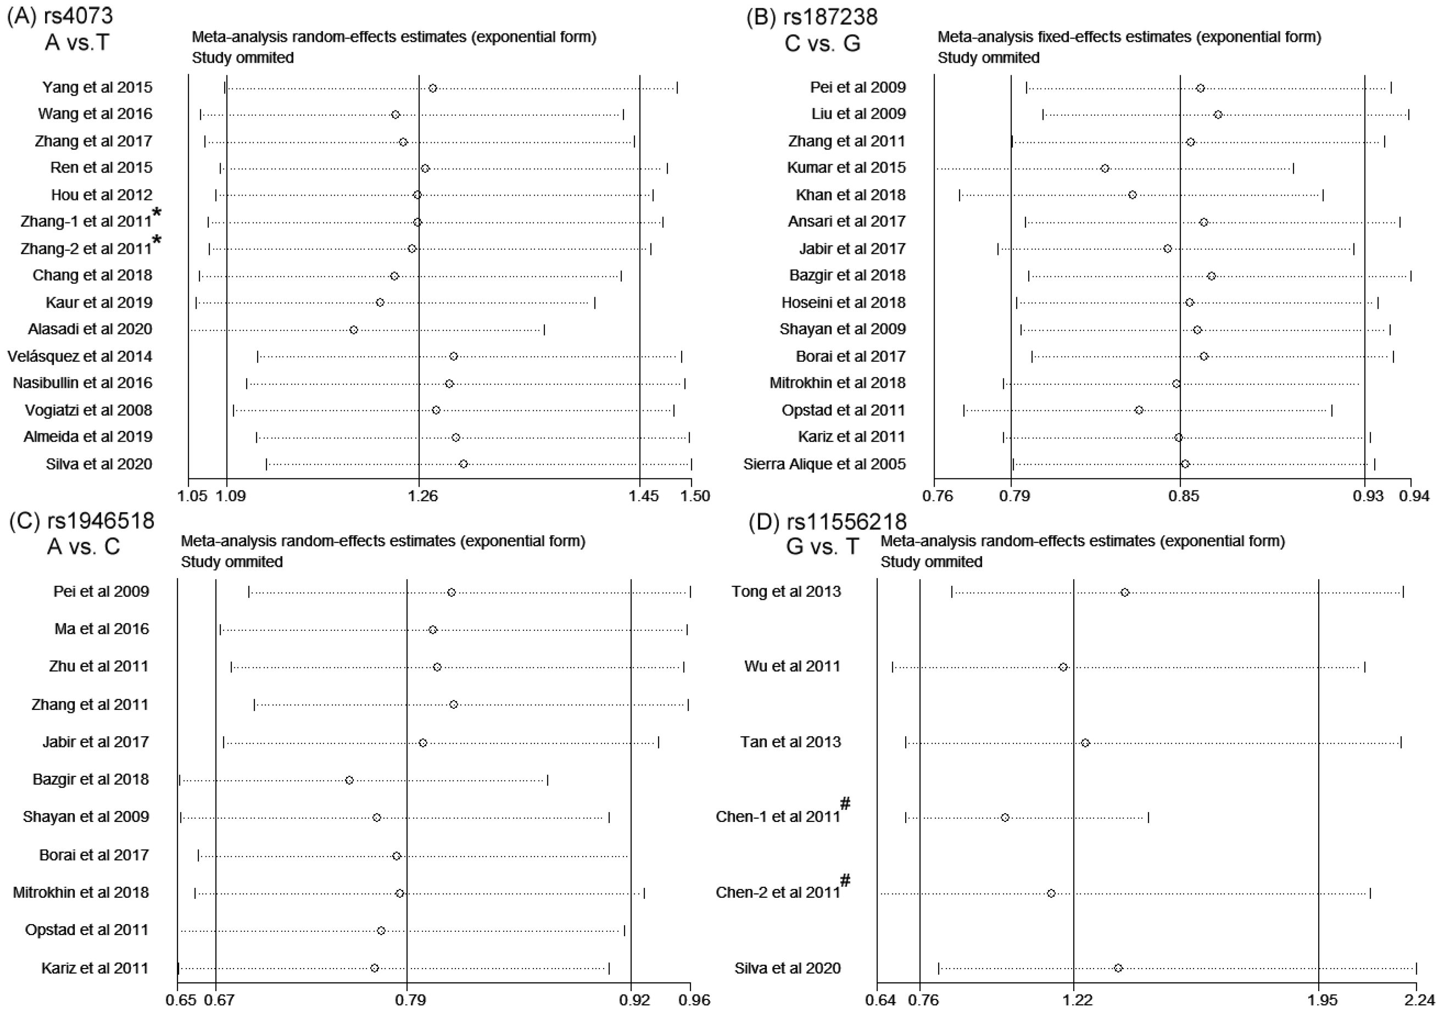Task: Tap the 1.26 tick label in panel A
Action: coord(422,496)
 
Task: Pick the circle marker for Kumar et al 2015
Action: coord(1105,168)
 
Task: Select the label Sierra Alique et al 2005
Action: coord(824,464)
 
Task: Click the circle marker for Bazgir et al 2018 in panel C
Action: coord(349,780)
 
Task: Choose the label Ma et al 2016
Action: coord(102,629)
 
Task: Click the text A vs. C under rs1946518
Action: coord(83,546)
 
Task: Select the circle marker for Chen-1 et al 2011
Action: coord(1005,818)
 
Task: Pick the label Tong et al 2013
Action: coord(786,591)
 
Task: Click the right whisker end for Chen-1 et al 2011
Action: coord(1148,818)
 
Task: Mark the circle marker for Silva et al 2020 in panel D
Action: coord(1118,968)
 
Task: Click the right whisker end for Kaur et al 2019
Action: coord(595,303)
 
